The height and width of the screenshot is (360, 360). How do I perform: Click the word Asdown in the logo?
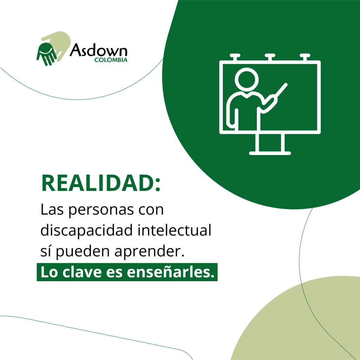[x=98, y=51]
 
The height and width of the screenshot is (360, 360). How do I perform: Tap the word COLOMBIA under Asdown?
[x=111, y=60]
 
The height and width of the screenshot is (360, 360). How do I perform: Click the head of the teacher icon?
[x=246, y=79]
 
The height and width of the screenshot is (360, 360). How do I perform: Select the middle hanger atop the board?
[x=270, y=57]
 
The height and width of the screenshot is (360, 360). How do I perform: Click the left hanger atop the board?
[x=235, y=57]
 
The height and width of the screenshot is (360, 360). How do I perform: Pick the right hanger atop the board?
[x=305, y=57]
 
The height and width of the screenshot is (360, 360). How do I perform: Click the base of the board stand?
[x=270, y=153]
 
